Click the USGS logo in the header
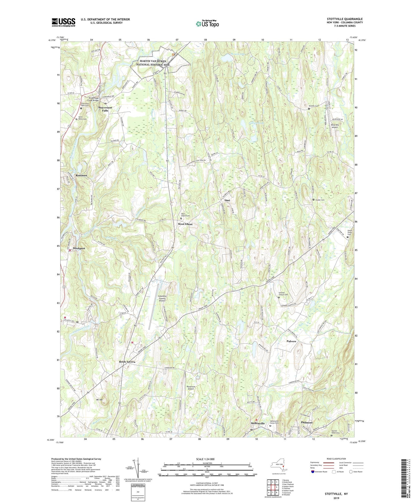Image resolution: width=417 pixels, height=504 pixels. coord(63,22)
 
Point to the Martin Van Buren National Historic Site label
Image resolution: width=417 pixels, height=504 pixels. coord(150,63)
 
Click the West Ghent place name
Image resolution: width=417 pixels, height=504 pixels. coord(185,224)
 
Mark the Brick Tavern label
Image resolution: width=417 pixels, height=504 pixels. coord(127,362)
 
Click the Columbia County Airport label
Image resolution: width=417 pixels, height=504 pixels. coord(162,298)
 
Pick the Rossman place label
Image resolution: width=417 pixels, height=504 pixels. coord(81,176)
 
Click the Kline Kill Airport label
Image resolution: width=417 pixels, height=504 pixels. coord(334,126)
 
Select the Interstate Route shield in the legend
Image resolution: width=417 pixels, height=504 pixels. coord(313,472)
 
